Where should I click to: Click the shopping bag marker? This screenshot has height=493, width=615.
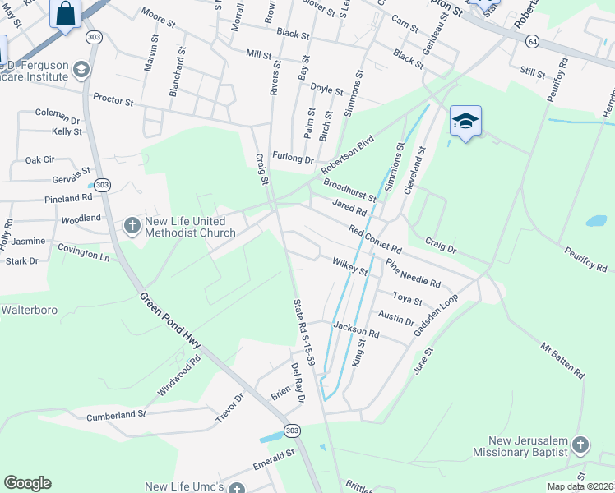coord(66,14)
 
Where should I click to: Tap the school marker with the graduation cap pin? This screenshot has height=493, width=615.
coord(465,122)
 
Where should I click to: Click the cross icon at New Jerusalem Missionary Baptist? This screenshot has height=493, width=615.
coord(580,445)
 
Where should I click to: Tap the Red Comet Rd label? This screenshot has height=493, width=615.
coord(374,238)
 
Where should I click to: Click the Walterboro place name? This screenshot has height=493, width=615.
coord(27,310)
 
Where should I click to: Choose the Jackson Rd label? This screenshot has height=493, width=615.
coord(356,331)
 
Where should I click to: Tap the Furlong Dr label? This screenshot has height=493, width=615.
coord(294,157)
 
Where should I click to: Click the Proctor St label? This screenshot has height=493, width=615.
coord(113,101)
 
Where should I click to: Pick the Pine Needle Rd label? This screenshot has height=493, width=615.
coord(413,274)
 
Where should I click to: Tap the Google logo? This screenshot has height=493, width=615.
coord(28,483)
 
